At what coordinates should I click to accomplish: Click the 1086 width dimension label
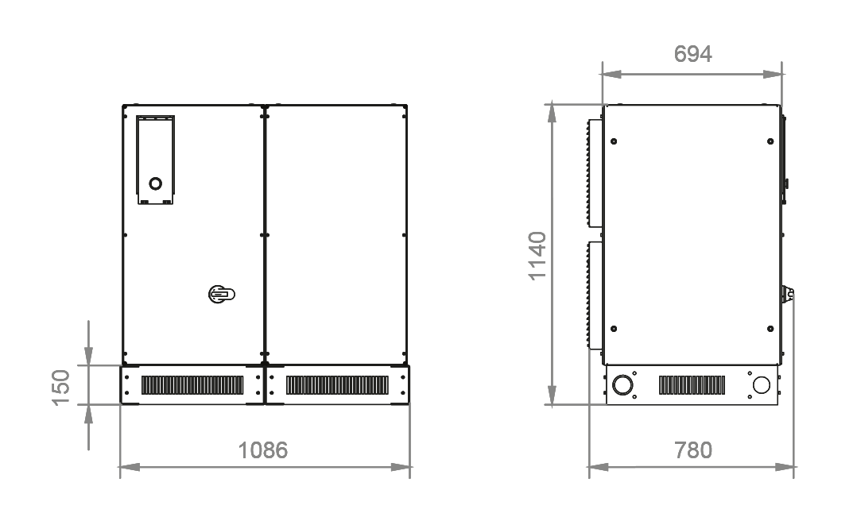pos(262,450)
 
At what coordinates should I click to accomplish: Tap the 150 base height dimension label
pos(61,388)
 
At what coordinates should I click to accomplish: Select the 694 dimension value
pos(692,54)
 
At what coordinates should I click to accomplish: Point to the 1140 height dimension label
pos(537,256)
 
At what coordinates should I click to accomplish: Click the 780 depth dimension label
pos(693,450)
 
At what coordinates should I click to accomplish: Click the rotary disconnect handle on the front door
pos(221,295)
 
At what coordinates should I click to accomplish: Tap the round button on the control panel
pos(156,183)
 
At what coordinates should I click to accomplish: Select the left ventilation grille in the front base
pos(192,385)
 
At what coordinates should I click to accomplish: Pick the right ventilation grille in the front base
pos(337,385)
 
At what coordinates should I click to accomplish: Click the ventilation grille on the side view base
pos(692,385)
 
